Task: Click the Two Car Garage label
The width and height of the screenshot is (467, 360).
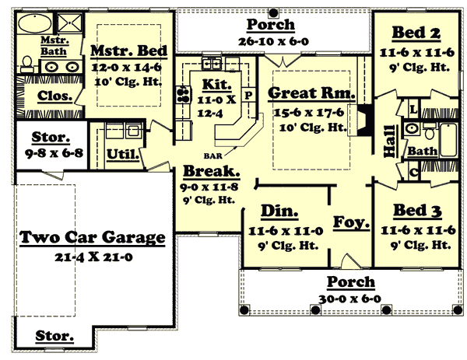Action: pyautogui.click(x=92, y=237)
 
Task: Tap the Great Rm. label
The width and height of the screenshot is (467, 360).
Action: pyautogui.click(x=311, y=93)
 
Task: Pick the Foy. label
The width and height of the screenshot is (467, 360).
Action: pyautogui.click(x=350, y=222)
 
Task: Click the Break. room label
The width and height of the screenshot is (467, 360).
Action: pyautogui.click(x=211, y=172)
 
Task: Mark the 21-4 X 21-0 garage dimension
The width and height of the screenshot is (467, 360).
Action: pyautogui.click(x=92, y=257)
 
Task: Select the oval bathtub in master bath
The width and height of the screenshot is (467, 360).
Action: pyautogui.click(x=34, y=23)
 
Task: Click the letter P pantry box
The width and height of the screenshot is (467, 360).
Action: pyautogui.click(x=249, y=96)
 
